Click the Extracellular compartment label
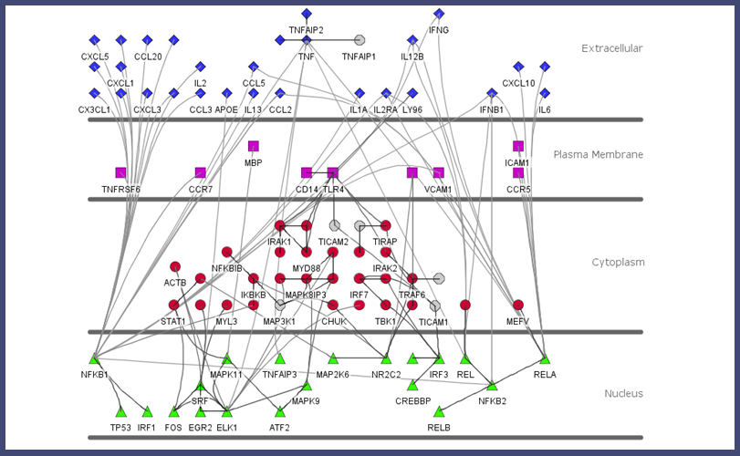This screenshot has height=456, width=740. [611, 48]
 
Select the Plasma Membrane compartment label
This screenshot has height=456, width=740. [598, 155]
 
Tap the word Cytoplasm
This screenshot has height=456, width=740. [618, 263]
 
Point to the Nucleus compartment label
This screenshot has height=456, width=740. [623, 394]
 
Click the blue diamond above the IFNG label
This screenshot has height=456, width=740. [439, 14]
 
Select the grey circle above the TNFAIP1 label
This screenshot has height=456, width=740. [360, 40]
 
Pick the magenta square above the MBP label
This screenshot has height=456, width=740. [254, 146]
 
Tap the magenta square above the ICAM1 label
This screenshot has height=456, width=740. [518, 146]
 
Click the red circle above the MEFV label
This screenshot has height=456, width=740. [518, 305]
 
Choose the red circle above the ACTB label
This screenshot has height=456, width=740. [174, 266]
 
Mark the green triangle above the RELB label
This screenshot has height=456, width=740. [439, 411]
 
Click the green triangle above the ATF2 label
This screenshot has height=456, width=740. [280, 411]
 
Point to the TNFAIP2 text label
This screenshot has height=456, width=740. [306, 30]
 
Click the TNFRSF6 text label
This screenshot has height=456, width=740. [121, 190]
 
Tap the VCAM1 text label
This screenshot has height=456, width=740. [439, 190]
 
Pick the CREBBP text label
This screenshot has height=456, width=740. [412, 400]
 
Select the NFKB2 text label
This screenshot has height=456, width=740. [492, 400]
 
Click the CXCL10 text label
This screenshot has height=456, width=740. [518, 83]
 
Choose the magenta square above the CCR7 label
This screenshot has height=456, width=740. [201, 172]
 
